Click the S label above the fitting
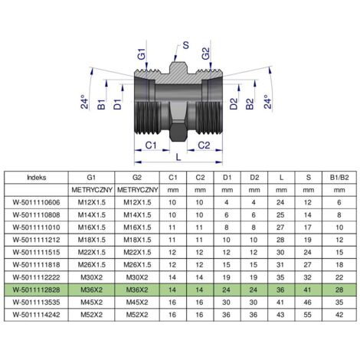click(185, 45)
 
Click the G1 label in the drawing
click(141, 54)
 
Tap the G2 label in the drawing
click(205, 54)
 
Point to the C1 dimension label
click(151, 146)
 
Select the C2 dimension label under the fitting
click(204, 146)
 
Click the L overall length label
click(178, 157)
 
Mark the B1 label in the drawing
click(101, 105)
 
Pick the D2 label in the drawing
click(234, 104)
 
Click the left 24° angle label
click(84, 102)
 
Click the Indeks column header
click(37, 178)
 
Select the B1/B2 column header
click(339, 178)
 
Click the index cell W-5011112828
click(36, 290)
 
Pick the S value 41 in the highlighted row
click(308, 290)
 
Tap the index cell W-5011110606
click(36, 202)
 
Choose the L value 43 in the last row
click(280, 315)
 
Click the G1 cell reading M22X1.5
click(92, 252)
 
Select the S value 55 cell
click(308, 315)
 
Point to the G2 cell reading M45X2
click(137, 303)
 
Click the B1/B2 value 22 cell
click(339, 277)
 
